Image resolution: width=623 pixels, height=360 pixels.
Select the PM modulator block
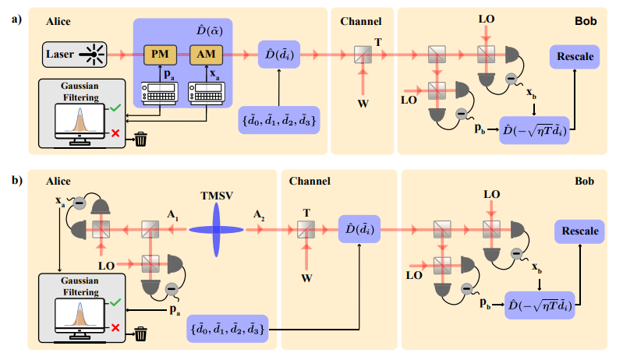(x=160, y=55)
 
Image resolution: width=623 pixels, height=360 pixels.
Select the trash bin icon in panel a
(x=140, y=139)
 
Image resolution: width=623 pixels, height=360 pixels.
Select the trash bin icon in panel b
(x=140, y=334)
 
